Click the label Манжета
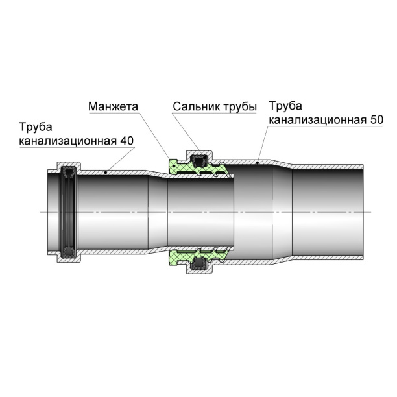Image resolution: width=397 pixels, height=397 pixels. pyautogui.click(x=113, y=106)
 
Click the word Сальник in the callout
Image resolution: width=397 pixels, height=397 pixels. pyautogui.click(x=196, y=106)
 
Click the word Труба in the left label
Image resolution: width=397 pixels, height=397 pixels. pyautogui.click(x=36, y=127)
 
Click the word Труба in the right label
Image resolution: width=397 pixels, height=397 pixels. pyautogui.click(x=285, y=106)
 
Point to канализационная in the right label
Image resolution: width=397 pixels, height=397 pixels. pyautogui.click(x=317, y=120)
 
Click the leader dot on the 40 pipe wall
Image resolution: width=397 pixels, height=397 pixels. pyautogui.click(x=106, y=173)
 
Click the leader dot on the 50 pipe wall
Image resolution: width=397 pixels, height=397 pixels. pyautogui.click(x=258, y=163)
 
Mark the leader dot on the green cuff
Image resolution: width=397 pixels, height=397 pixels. pyautogui.click(x=174, y=166)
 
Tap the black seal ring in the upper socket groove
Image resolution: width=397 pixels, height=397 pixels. pyautogui.click(x=199, y=161)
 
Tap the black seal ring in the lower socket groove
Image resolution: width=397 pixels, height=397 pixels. pyautogui.click(x=199, y=264)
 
